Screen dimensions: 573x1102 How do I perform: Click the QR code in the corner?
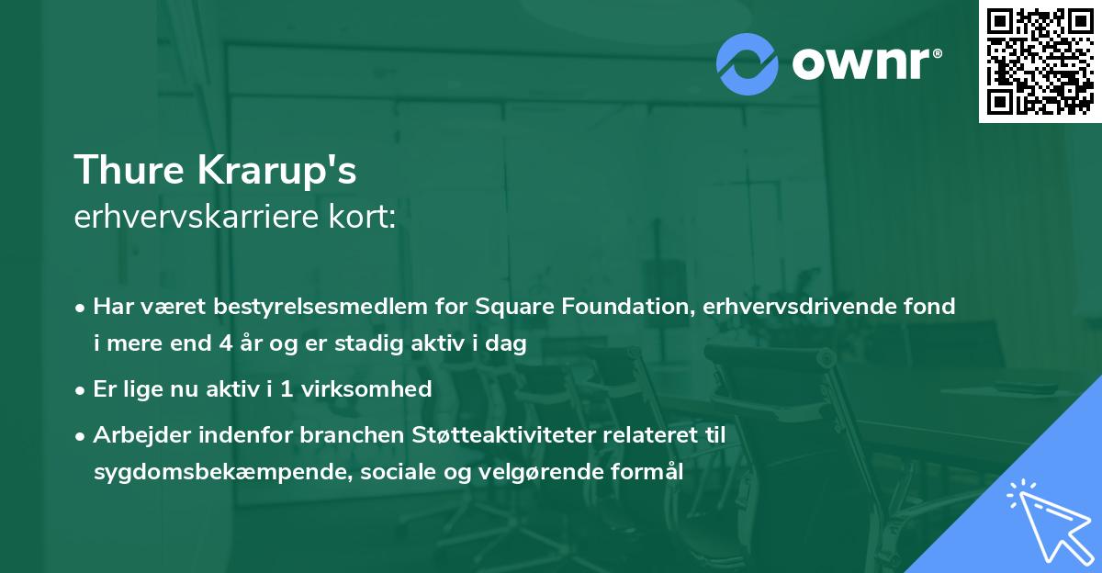point(1040,61)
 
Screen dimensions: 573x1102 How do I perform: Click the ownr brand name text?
point(866,62)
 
